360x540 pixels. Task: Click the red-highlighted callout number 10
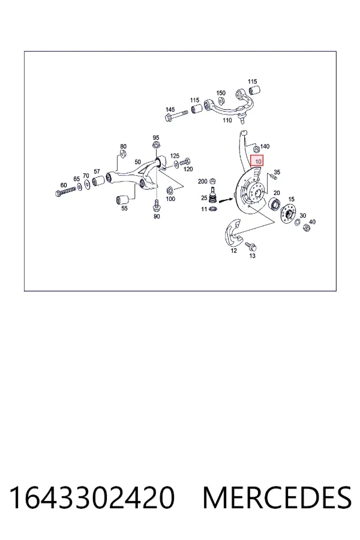[258, 161]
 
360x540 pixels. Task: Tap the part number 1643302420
[92, 497]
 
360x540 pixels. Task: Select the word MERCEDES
[277, 497]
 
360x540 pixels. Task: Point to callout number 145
[170, 110]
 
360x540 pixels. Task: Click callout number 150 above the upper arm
[221, 93]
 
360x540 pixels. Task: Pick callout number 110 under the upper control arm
[227, 120]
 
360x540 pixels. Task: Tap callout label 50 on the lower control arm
[138, 162]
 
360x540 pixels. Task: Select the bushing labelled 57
[98, 180]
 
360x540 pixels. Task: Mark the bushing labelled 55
[122, 199]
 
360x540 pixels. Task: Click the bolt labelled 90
[157, 205]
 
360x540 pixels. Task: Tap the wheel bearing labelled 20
[275, 204]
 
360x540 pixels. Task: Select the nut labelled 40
[306, 227]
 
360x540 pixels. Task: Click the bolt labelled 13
[251, 246]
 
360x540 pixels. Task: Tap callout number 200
[203, 181]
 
